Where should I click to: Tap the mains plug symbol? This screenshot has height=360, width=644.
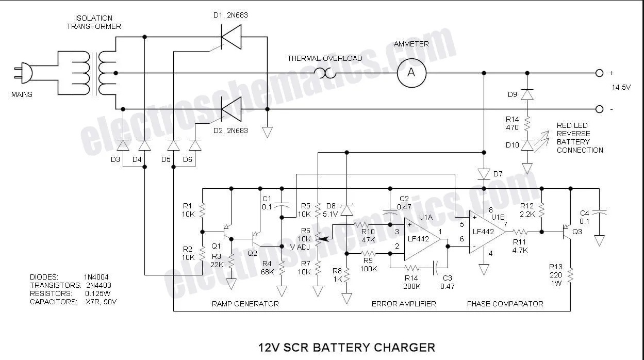[x=24, y=73]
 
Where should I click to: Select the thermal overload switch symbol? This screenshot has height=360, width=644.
[x=325, y=73]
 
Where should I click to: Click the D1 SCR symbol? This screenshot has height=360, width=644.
[x=231, y=37]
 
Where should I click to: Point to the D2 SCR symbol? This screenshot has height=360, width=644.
[x=231, y=109]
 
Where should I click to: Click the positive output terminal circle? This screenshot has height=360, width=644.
[x=599, y=73]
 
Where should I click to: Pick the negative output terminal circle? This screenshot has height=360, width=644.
[x=599, y=109]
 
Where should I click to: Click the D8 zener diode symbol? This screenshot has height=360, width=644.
[x=346, y=210]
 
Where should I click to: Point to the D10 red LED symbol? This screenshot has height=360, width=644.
[x=527, y=145]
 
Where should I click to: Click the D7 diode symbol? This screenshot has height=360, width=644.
[x=484, y=174]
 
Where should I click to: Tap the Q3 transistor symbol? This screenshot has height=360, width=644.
[x=567, y=232]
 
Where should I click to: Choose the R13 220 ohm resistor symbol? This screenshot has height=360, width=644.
[x=570, y=275]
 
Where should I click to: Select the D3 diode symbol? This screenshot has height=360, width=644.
[x=123, y=145]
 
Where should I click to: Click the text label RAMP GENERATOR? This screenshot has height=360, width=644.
[x=245, y=304]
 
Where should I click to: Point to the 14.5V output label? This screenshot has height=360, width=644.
[x=621, y=87]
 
